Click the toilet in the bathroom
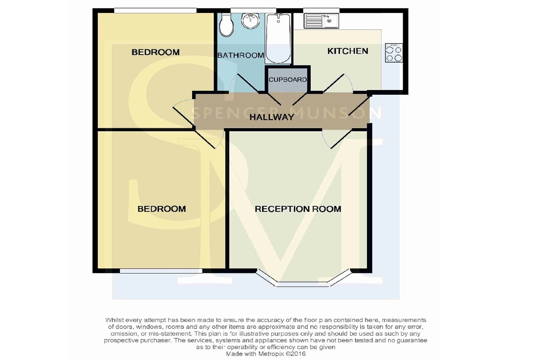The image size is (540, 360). pos(226,25)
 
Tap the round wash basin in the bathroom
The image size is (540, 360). pos(251,21)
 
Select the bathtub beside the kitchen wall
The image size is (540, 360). pos(278,38)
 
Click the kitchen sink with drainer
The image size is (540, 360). pos(321,21)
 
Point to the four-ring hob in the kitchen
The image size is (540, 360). pos(394,53)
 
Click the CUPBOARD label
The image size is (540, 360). pos(288,80)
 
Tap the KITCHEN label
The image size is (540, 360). pos(348,51)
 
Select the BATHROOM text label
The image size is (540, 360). pos(240,55)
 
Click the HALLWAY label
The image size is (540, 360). pos(272,117)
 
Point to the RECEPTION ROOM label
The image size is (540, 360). pos(298,209)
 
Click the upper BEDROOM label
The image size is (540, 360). pos(156,52)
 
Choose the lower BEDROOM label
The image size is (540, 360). pos(162,209)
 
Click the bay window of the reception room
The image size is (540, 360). pos(303,280)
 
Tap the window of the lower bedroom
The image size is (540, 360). pos(161,271)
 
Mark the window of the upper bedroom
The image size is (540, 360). pos(155,10)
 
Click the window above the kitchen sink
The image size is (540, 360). pos(321,10)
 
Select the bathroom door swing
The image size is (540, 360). pos(243,83)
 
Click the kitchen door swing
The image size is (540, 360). pos(338,83)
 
